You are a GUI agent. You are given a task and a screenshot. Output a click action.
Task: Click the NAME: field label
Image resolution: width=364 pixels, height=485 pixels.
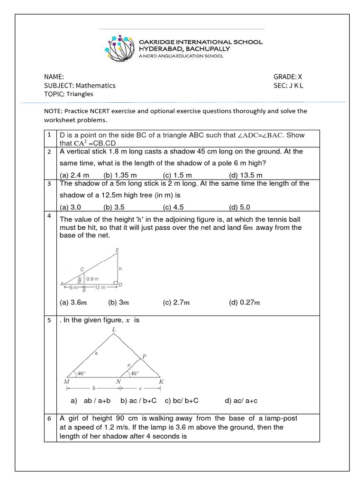point(54,77)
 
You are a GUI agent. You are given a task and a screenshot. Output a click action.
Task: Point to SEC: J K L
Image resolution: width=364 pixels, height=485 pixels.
point(288,85)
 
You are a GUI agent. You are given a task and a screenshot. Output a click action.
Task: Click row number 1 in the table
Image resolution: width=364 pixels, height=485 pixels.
point(49,135)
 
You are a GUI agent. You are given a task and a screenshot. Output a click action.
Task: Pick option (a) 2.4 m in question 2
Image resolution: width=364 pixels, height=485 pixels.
point(74,175)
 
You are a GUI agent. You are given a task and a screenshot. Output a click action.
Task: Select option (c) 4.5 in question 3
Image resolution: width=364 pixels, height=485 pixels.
point(174,207)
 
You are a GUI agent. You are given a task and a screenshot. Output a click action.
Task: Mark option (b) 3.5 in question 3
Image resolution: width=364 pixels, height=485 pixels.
point(114,207)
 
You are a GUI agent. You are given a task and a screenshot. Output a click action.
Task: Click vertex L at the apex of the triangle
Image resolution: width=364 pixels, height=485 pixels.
point(113,329)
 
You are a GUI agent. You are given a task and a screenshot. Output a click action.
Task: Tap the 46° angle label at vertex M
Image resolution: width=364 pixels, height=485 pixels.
point(81,373)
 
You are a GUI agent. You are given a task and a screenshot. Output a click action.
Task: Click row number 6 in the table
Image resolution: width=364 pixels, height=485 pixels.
point(49,419)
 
